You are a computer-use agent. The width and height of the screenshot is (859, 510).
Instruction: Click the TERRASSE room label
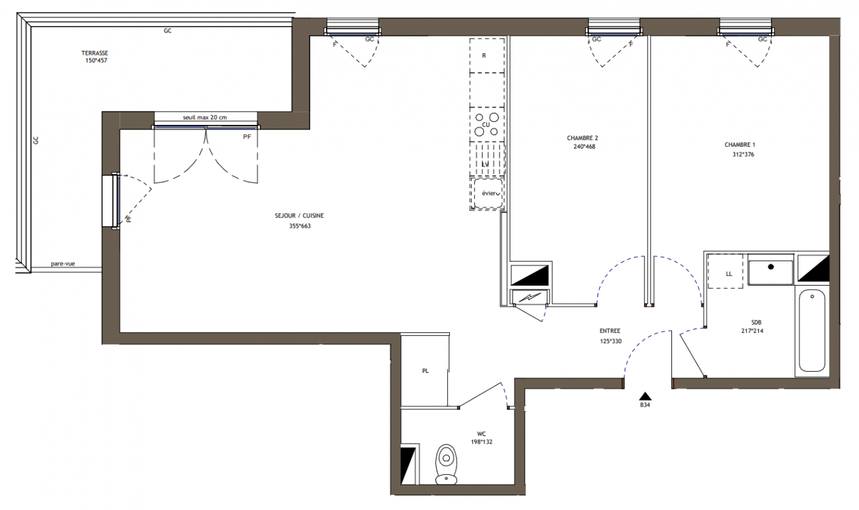pyautogui.click(x=94, y=53)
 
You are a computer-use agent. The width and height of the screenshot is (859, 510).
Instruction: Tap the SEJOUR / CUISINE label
pyautogui.click(x=299, y=215)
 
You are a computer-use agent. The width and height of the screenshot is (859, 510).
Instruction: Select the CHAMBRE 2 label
pyautogui.click(x=582, y=138)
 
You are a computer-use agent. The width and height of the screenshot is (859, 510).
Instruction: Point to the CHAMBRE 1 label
pyautogui.click(x=740, y=145)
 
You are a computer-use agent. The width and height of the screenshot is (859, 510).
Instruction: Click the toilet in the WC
pyautogui.click(x=446, y=464)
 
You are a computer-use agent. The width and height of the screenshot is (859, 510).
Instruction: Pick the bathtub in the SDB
pyautogui.click(x=812, y=330)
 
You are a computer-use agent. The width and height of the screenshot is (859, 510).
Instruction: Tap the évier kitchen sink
pyautogui.click(x=488, y=193)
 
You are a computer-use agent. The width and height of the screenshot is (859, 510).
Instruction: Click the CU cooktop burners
pyautogui.click(x=486, y=124)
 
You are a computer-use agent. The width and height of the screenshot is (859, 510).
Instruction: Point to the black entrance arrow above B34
pyautogui.click(x=645, y=396)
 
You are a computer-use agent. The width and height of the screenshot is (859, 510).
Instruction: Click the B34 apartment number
pyautogui.click(x=645, y=405)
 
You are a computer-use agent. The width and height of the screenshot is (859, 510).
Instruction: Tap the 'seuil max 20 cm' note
pyautogui.click(x=205, y=117)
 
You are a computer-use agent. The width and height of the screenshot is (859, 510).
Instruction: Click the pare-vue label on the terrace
pyautogui.click(x=63, y=264)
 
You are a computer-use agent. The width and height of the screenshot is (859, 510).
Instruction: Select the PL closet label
pyautogui.click(x=425, y=371)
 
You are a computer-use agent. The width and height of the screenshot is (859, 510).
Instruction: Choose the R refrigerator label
pyautogui.click(x=484, y=55)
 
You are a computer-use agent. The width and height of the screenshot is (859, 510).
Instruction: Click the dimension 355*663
pyautogui.click(x=300, y=226)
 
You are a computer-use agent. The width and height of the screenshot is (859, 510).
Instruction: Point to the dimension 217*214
pyautogui.click(x=752, y=331)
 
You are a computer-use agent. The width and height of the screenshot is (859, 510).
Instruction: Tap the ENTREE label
pyautogui.click(x=609, y=331)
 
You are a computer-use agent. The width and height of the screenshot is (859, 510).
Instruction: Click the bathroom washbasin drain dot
pyautogui.click(x=771, y=266)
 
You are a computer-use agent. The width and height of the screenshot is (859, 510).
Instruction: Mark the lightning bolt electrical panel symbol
pyautogui.click(x=530, y=296)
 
